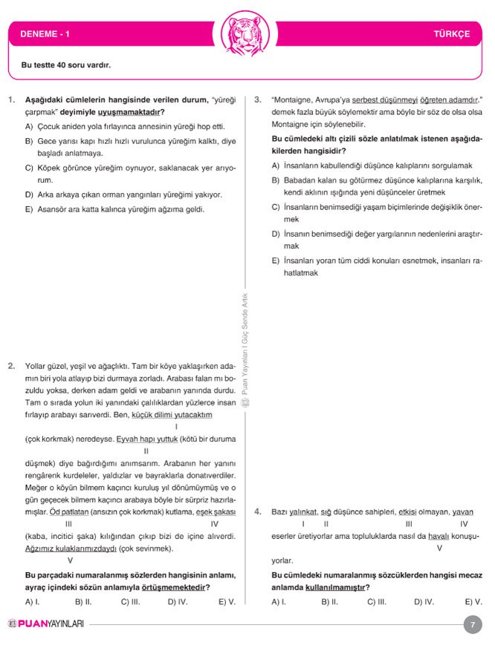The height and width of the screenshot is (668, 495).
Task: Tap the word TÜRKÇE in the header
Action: tap(452, 34)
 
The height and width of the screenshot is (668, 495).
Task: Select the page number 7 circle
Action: tap(472, 624)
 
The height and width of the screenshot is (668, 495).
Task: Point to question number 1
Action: tap(11, 99)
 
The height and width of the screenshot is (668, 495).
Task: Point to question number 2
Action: tap(11, 366)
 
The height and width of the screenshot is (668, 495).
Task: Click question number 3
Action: tap(257, 99)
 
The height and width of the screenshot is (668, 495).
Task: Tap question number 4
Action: tap(257, 512)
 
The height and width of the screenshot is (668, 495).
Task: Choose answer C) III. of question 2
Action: tap(131, 602)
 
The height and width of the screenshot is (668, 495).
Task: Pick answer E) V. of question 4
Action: tap(473, 602)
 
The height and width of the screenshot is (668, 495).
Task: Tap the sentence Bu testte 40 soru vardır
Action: tap(66, 65)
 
